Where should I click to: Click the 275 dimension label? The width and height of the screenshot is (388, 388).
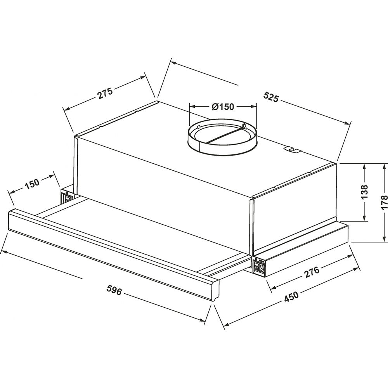click(x=105, y=93)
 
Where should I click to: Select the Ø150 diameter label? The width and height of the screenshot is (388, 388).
click(x=223, y=107)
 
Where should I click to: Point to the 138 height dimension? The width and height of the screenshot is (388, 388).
click(x=364, y=192)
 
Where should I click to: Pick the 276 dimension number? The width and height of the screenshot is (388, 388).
click(x=312, y=272)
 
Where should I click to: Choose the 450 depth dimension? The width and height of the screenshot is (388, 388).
click(x=291, y=296)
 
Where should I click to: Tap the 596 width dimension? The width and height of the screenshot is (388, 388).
click(x=114, y=290)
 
